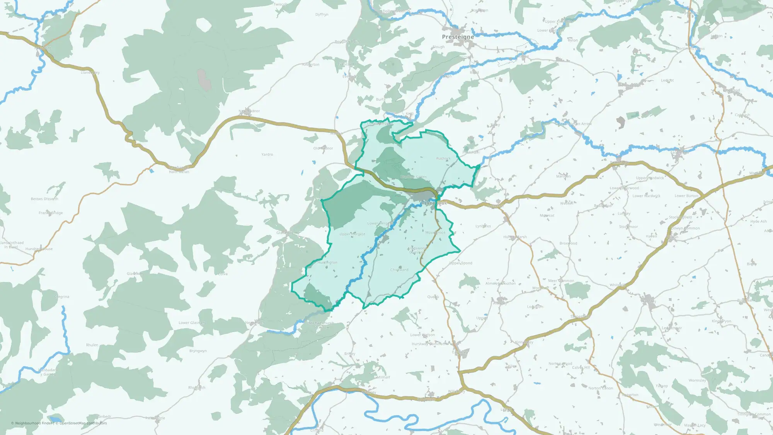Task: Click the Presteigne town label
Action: tap(458, 37)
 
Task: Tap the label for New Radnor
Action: tap(249, 111)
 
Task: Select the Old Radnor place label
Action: tap(323, 148)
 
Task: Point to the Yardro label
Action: tap(267, 154)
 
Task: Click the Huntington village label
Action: tap(327, 263)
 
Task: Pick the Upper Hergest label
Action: tap(352, 234)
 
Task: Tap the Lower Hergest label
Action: tap(380, 223)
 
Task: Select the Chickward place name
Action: tap(399, 270)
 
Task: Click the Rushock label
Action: tap(443, 158)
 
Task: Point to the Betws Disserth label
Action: tap(44, 199)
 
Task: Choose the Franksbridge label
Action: tap(51, 213)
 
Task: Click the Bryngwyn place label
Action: tap(198, 351)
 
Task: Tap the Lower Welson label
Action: tap(422, 335)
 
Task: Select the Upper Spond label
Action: tap(461, 263)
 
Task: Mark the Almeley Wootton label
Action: tap(501, 283)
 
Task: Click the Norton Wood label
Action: tap(560, 363)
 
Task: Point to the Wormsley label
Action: tap(697, 380)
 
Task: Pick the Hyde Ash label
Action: tap(758, 222)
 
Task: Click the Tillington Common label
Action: tap(754, 414)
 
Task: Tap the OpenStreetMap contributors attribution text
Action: tap(83, 423)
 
